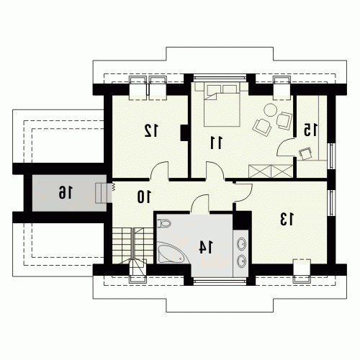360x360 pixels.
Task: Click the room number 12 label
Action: click(x=151, y=130)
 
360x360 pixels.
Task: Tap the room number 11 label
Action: click(x=217, y=143)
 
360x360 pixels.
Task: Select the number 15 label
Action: click(x=311, y=130)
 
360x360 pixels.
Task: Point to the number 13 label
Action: click(x=287, y=219)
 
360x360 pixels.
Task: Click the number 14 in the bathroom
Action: click(x=206, y=248)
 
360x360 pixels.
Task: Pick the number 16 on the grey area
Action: click(x=66, y=192)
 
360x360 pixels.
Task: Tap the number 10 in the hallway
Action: click(x=144, y=197)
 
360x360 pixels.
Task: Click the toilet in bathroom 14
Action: click(x=163, y=223)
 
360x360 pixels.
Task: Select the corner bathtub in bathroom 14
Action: click(x=172, y=253)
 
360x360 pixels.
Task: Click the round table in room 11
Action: click(x=271, y=110)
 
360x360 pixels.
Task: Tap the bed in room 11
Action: click(x=222, y=104)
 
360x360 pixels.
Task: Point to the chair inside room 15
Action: click(x=305, y=153)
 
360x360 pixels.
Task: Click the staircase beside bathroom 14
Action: click(x=132, y=250)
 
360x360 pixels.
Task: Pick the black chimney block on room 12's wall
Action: click(x=184, y=132)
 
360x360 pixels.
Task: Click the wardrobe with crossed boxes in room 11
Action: click(x=271, y=171)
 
